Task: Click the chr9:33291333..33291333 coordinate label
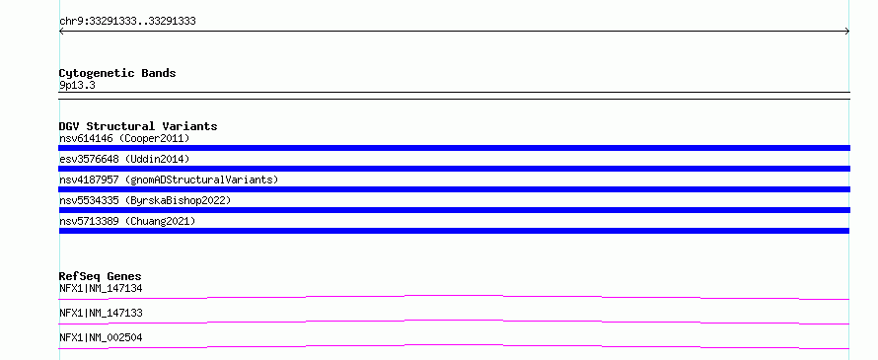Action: tap(127, 22)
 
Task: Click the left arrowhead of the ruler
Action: tap(61, 32)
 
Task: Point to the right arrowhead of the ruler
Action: tap(847, 32)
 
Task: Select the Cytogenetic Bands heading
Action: tap(117, 73)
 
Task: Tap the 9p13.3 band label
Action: tap(77, 85)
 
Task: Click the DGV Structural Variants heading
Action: tap(138, 126)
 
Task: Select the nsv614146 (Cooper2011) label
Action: tap(124, 138)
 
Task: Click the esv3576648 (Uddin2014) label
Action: tap(124, 159)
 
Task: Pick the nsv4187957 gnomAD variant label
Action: tap(169, 180)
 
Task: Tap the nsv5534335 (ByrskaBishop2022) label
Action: tap(145, 200)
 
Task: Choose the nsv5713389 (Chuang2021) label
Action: tap(127, 221)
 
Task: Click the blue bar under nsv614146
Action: tap(454, 148)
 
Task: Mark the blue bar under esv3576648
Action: tap(454, 169)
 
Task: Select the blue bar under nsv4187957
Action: tap(454, 189)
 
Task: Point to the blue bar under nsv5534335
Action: tap(454, 210)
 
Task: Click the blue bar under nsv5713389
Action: tap(454, 231)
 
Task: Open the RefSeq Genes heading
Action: tap(101, 276)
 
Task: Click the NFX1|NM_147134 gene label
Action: tap(101, 288)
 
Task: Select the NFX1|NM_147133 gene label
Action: tap(101, 313)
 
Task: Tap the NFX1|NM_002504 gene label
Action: tap(101, 337)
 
